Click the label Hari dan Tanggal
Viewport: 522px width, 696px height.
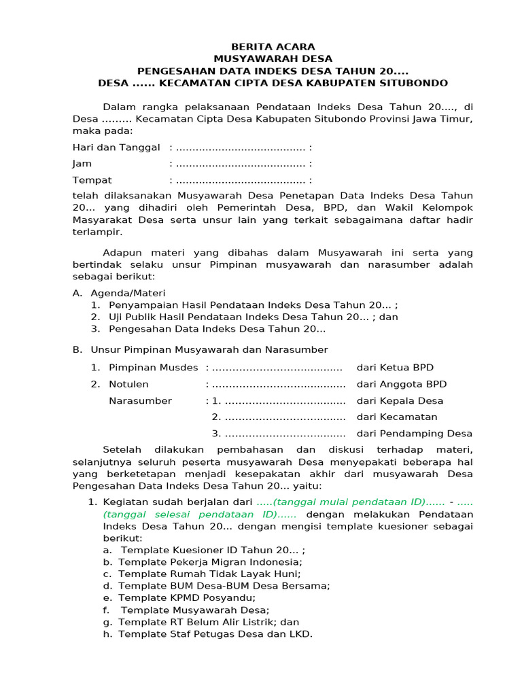[116, 147]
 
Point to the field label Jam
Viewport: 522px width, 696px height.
[82, 164]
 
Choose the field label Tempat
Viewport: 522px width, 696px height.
[92, 180]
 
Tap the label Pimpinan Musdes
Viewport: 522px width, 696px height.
[154, 368]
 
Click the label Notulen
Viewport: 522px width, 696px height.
[128, 384]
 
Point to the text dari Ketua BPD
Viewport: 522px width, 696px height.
[396, 368]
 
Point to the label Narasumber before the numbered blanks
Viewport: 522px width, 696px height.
[141, 401]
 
